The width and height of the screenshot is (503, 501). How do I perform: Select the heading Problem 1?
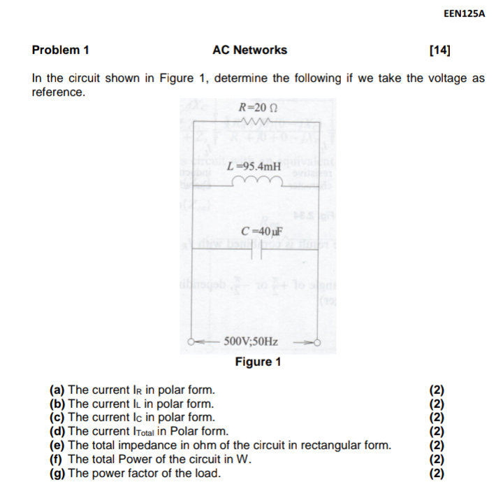61,50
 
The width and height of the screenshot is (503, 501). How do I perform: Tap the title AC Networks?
249,50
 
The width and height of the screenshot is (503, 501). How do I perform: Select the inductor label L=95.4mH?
254,167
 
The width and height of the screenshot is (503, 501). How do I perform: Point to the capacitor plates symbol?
255,249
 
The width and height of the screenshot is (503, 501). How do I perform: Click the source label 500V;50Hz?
251,342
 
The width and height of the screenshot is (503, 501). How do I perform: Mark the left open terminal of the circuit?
191,343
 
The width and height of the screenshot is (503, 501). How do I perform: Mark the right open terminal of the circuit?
316,343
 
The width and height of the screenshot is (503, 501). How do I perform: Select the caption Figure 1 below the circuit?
258,362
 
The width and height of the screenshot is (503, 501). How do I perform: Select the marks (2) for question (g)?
436,473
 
